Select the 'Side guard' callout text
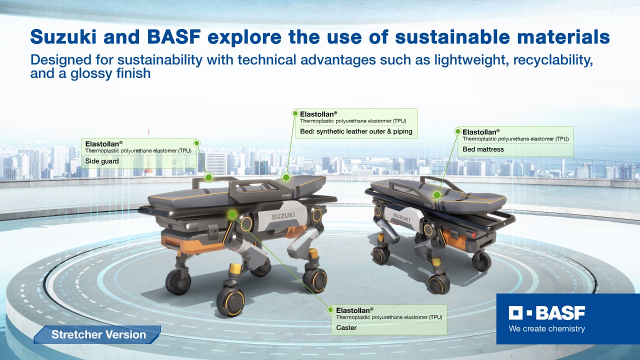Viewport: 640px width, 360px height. [102, 161]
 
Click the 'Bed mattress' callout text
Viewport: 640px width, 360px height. [483, 149]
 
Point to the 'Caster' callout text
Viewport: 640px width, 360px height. [346, 327]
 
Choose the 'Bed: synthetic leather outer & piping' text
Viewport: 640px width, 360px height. [356, 131]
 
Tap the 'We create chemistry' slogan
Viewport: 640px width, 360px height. [546, 328]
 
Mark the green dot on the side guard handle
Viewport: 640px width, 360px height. [209, 177]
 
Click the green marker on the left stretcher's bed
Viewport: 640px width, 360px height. [285, 177]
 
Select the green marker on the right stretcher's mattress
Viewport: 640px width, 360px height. [436, 195]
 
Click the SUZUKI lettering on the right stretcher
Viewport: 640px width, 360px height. [401, 217]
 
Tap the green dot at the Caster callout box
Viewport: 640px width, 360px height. [330, 309]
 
